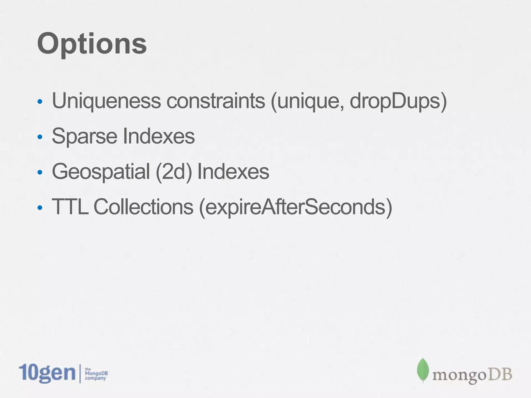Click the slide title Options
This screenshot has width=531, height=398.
point(92,44)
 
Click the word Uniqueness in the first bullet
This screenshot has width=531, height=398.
point(106,101)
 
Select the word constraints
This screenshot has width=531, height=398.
point(216,101)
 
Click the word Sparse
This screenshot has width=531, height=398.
point(85,136)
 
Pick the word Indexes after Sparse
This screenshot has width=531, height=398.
point(159,136)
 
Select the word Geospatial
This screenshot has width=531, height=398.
point(101,172)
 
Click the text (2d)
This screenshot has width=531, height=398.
point(174,172)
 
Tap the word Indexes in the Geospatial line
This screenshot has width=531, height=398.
point(233,172)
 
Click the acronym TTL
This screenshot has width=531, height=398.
point(70,207)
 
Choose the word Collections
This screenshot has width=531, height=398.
point(143,207)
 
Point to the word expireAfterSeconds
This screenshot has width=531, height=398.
point(296,207)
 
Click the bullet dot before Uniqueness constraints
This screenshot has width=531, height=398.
point(40,102)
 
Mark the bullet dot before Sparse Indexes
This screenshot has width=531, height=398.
point(40,137)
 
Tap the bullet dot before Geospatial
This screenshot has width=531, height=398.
point(40,172)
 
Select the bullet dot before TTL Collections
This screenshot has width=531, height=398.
point(40,207)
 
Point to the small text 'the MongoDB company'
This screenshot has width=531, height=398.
point(96,374)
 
